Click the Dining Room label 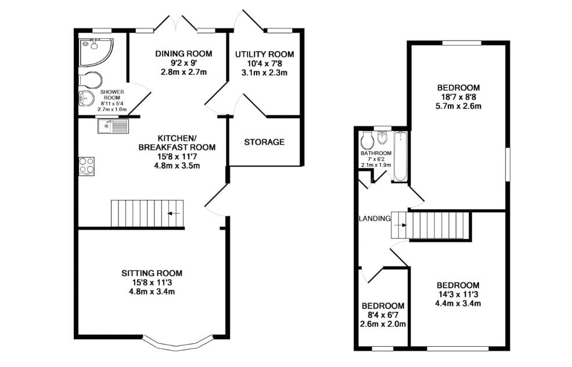click(x=183, y=54)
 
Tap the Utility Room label click(x=264, y=54)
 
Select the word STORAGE click(x=264, y=142)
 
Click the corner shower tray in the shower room click(x=95, y=51)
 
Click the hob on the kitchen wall click(x=87, y=166)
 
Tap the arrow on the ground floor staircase click(x=174, y=214)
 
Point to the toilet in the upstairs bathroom click(x=366, y=140)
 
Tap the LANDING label click(x=375, y=219)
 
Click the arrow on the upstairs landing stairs click(x=400, y=225)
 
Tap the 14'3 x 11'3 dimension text click(x=458, y=294)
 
